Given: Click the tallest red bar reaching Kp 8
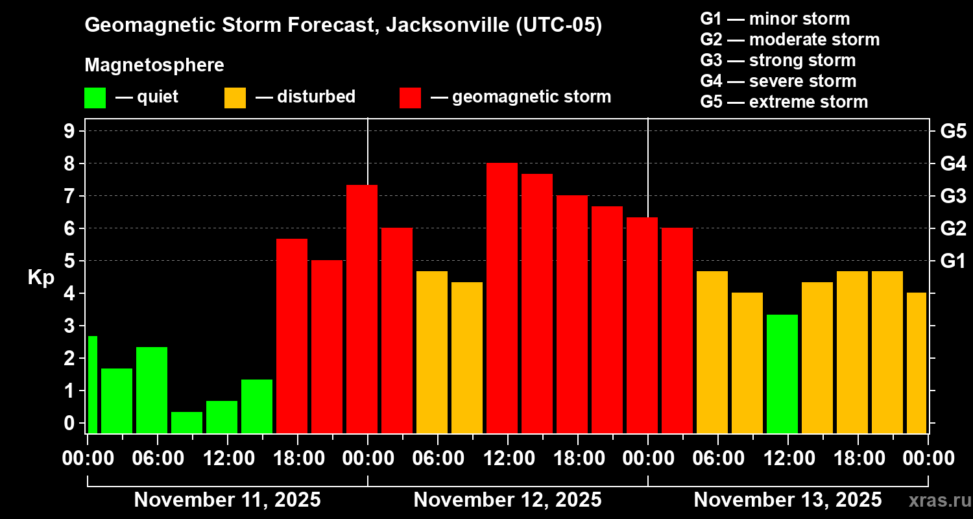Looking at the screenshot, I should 502,298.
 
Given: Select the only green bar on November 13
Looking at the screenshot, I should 782,374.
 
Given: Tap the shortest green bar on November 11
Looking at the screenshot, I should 187,422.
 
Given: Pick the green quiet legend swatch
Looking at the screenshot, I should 95,97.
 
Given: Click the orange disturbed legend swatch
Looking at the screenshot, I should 235,97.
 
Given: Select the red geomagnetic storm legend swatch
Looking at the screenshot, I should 410,97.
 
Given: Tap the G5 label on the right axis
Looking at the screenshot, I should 953,131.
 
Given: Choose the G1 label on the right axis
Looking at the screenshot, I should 953,261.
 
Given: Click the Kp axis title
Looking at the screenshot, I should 40,277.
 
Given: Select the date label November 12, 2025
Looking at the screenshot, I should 507,500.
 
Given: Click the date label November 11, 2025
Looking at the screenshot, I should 227,500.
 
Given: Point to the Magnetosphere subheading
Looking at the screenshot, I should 154,66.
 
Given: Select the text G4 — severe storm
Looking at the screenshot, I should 778,81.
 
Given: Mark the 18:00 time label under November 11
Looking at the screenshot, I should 297,459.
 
